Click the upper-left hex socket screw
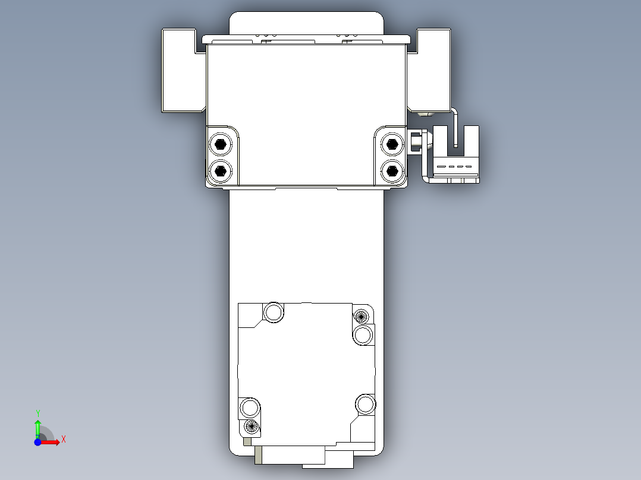221,144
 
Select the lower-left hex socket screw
221,170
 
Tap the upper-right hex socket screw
391,143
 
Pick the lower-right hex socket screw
391,171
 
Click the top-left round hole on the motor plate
274,312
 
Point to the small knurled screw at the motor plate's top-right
360,315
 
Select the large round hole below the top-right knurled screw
363,335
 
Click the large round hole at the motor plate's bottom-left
250,408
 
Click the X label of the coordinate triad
64,439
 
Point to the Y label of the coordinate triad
37,412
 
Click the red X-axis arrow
52,442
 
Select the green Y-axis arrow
37,427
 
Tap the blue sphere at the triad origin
37,442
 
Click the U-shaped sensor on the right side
455,155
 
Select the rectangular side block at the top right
432,70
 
